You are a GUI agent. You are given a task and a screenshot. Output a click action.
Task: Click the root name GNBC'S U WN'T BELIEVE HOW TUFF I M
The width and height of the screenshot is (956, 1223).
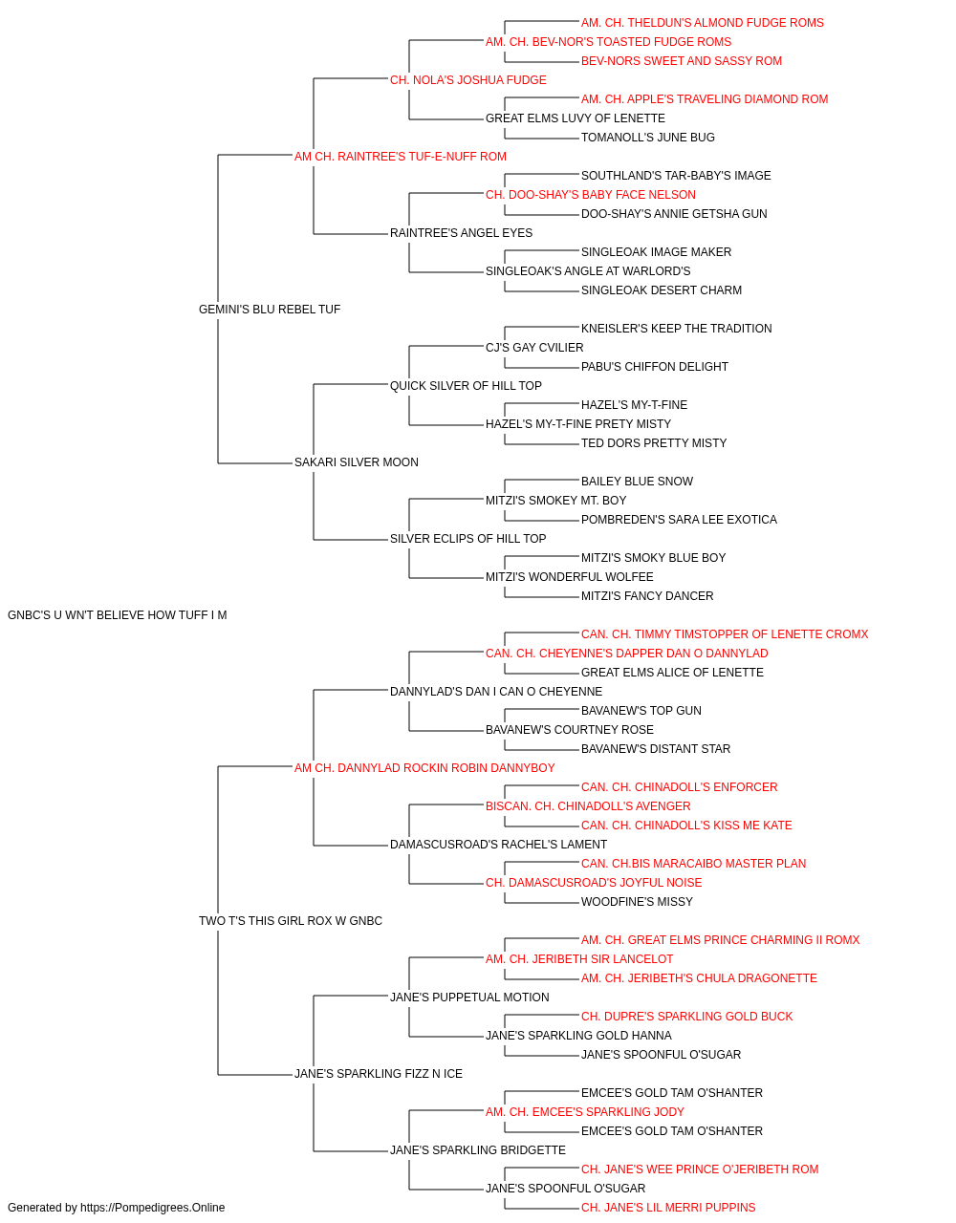[117, 615]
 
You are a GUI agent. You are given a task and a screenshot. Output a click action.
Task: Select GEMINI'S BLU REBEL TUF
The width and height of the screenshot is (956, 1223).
[270, 310]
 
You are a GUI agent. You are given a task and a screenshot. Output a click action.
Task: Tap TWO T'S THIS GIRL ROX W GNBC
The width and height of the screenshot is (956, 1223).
[291, 921]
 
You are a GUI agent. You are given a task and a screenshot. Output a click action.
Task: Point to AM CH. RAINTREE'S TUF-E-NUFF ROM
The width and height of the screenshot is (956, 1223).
[401, 157]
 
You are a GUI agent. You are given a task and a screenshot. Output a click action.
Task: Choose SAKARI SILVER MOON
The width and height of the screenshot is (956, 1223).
[357, 462]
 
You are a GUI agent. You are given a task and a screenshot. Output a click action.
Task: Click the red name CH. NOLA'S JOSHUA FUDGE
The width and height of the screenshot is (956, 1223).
[467, 80]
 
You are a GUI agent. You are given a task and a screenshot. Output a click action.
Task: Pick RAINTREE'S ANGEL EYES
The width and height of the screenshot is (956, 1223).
[461, 233]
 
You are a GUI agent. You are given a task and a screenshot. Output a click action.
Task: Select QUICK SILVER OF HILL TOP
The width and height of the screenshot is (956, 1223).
[466, 385]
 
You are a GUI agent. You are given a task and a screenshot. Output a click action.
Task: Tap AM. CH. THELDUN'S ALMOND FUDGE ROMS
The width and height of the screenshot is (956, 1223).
[702, 23]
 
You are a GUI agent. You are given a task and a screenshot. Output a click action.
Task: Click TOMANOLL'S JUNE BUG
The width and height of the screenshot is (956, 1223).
[648, 138]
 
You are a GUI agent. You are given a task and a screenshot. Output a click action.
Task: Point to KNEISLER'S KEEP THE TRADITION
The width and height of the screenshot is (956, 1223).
[676, 328]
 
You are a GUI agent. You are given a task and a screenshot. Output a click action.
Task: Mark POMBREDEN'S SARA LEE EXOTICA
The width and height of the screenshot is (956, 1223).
[679, 520]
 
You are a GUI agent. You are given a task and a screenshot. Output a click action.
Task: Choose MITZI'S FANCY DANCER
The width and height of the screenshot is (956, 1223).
[647, 596]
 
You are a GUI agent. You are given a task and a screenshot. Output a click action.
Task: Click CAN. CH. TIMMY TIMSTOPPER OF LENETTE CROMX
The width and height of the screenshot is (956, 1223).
[725, 634]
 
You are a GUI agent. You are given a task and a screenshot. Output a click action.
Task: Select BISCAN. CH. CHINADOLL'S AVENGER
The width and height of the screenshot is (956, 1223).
[588, 806]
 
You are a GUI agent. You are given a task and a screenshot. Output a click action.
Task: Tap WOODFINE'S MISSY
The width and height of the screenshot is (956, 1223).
[637, 902]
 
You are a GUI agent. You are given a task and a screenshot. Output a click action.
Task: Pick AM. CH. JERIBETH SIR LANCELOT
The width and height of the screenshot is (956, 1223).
[579, 959]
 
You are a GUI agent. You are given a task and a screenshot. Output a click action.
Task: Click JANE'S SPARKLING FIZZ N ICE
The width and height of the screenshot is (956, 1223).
[379, 1074]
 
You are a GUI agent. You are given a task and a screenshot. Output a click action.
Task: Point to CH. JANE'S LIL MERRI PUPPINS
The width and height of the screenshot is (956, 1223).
[668, 1208]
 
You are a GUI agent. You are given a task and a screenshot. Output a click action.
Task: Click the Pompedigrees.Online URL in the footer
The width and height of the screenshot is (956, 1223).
[153, 1208]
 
